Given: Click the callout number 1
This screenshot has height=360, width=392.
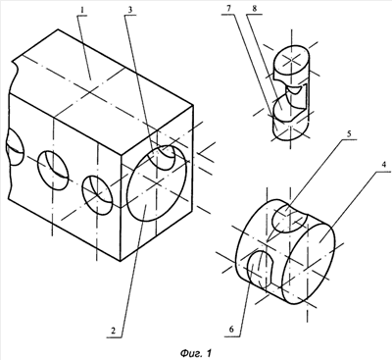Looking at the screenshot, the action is click(x=82, y=10).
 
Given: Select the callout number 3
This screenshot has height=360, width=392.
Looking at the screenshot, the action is click(x=130, y=10).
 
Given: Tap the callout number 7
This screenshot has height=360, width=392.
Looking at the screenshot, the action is click(x=229, y=9).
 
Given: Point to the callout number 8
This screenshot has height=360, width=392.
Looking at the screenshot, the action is click(x=255, y=9).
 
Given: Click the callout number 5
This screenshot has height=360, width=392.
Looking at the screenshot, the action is click(x=349, y=133).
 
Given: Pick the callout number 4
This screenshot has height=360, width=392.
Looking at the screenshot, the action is click(x=385, y=165).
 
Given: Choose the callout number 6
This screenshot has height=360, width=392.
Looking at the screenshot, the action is click(x=231, y=330).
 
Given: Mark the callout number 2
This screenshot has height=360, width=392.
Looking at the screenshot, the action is click(x=113, y=331).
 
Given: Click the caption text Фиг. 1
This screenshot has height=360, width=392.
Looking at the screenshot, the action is click(x=196, y=353).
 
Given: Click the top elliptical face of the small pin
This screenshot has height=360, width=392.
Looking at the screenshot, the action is click(x=291, y=61).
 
